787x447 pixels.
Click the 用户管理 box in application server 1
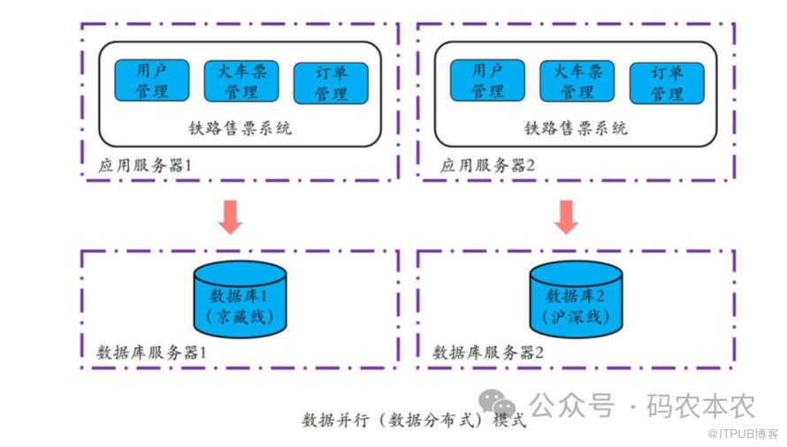click(x=151, y=80)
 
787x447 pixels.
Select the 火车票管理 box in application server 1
click(x=241, y=80)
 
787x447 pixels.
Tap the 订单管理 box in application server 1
click(x=330, y=83)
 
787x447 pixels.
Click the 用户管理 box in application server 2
click(x=487, y=80)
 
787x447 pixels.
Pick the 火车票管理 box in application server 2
click(x=577, y=80)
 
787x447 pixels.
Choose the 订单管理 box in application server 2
click(x=666, y=83)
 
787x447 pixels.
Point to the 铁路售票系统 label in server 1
click(x=241, y=128)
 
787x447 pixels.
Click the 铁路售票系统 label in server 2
click(x=577, y=128)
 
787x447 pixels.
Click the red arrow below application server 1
click(x=231, y=216)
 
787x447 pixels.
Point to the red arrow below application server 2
click(x=567, y=216)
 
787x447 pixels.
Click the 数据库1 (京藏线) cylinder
click(x=240, y=300)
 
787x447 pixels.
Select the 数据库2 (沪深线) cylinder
click(x=576, y=300)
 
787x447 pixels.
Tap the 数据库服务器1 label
click(x=151, y=352)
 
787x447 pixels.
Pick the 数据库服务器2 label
click(x=488, y=352)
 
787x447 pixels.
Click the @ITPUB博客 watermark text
click(x=743, y=434)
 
